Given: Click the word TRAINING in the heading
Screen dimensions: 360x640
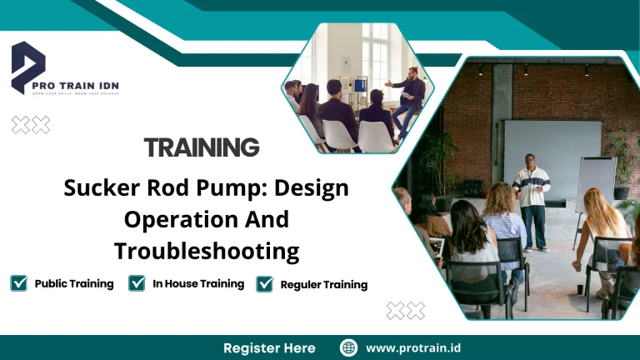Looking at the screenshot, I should [202, 148].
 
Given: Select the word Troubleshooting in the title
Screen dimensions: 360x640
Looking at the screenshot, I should [206, 250].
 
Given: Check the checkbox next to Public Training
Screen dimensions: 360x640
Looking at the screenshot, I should [18, 283].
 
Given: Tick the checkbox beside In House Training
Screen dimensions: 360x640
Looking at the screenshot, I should [137, 283].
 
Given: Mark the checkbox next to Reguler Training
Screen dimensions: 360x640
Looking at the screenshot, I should [265, 284].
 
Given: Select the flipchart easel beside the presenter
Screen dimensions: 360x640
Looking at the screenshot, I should [595, 187].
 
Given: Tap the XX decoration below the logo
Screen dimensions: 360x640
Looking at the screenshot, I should [31, 125].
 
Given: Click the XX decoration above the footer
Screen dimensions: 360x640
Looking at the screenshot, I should [406, 311].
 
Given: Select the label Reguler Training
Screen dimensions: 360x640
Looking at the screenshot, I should [323, 284].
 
